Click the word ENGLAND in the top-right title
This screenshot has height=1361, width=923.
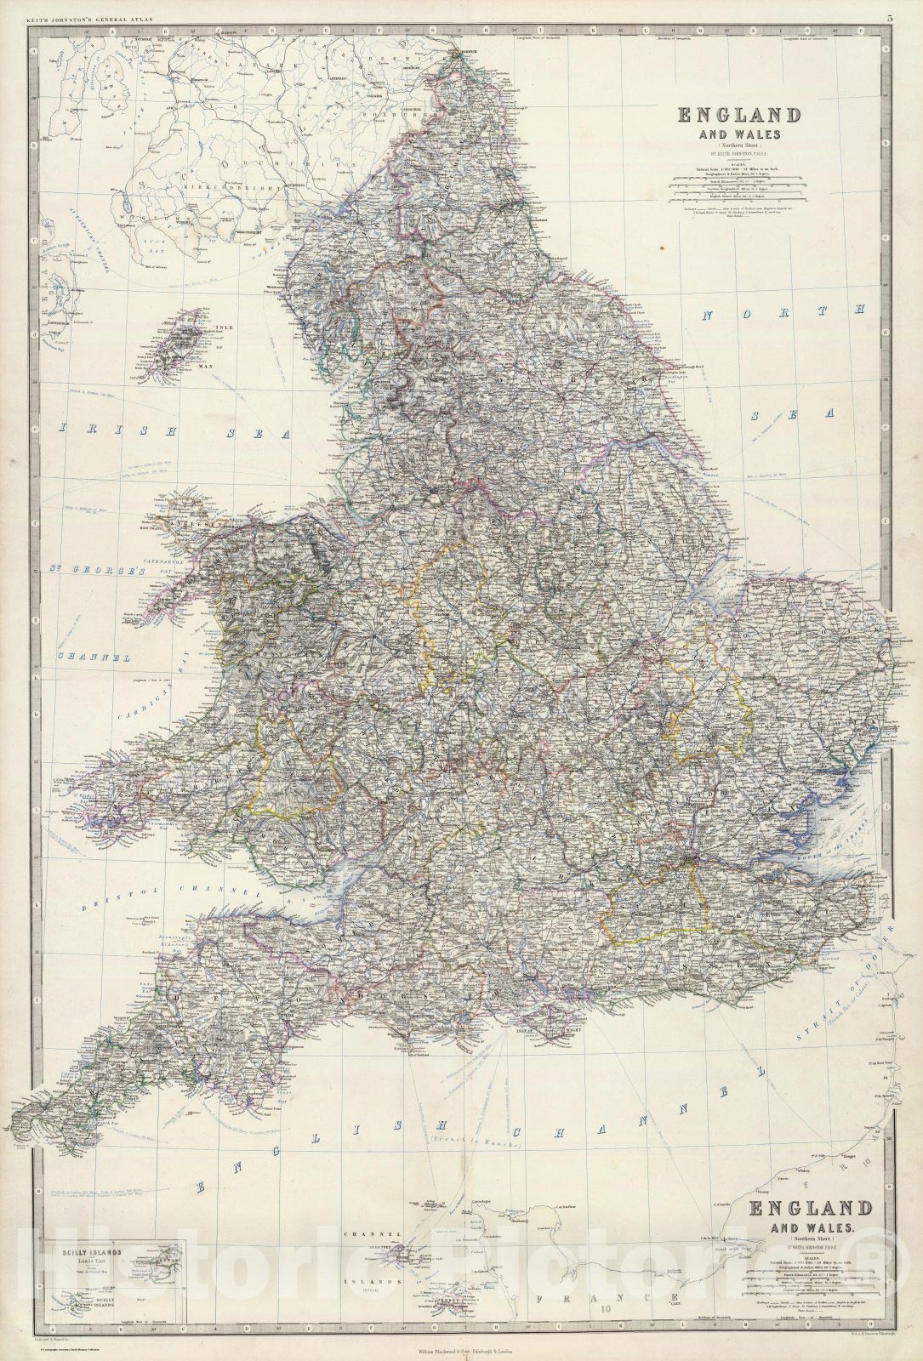738,116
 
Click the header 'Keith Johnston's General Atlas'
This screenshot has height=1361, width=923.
77,18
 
